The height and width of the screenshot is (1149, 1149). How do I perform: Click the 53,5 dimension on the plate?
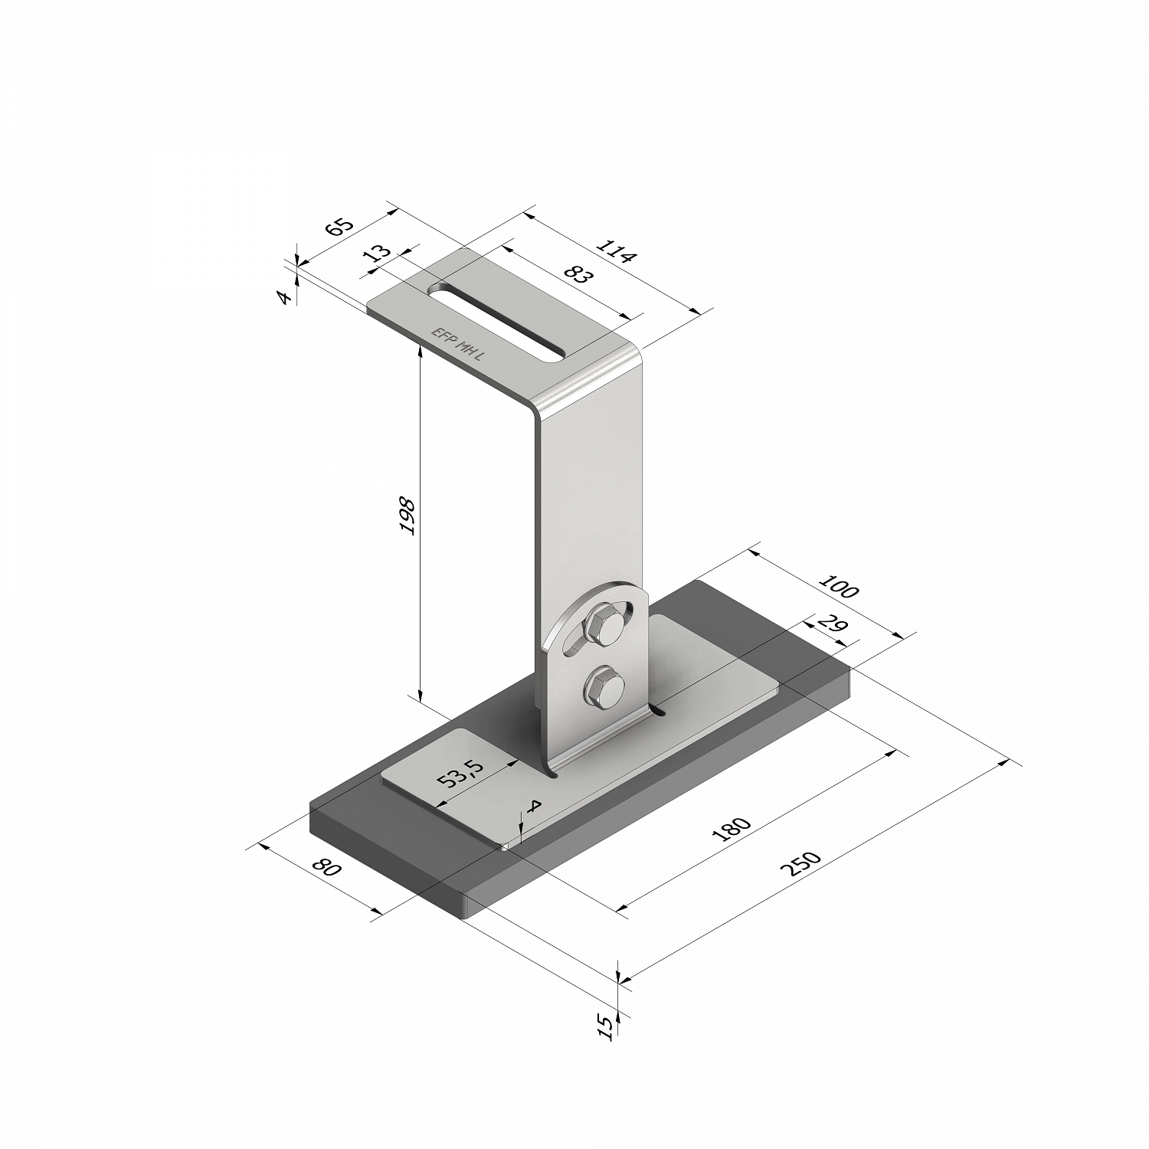(x=460, y=775)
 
